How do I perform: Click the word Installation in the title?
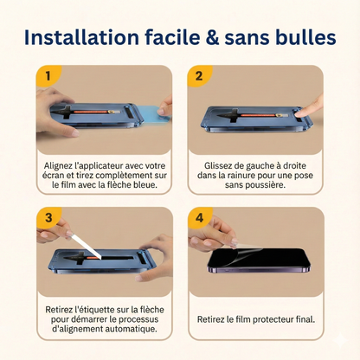click(x=81, y=37)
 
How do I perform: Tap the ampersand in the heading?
click(x=212, y=38)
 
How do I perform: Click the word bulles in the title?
click(x=305, y=37)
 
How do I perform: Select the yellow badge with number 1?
click(x=48, y=75)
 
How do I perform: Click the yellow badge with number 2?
click(x=199, y=75)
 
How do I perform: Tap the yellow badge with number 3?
click(x=48, y=217)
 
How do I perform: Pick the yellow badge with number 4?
click(x=200, y=217)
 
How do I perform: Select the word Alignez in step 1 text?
click(x=59, y=166)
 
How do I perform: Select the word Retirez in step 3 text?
click(x=59, y=310)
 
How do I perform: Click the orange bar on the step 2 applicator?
click(x=258, y=115)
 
